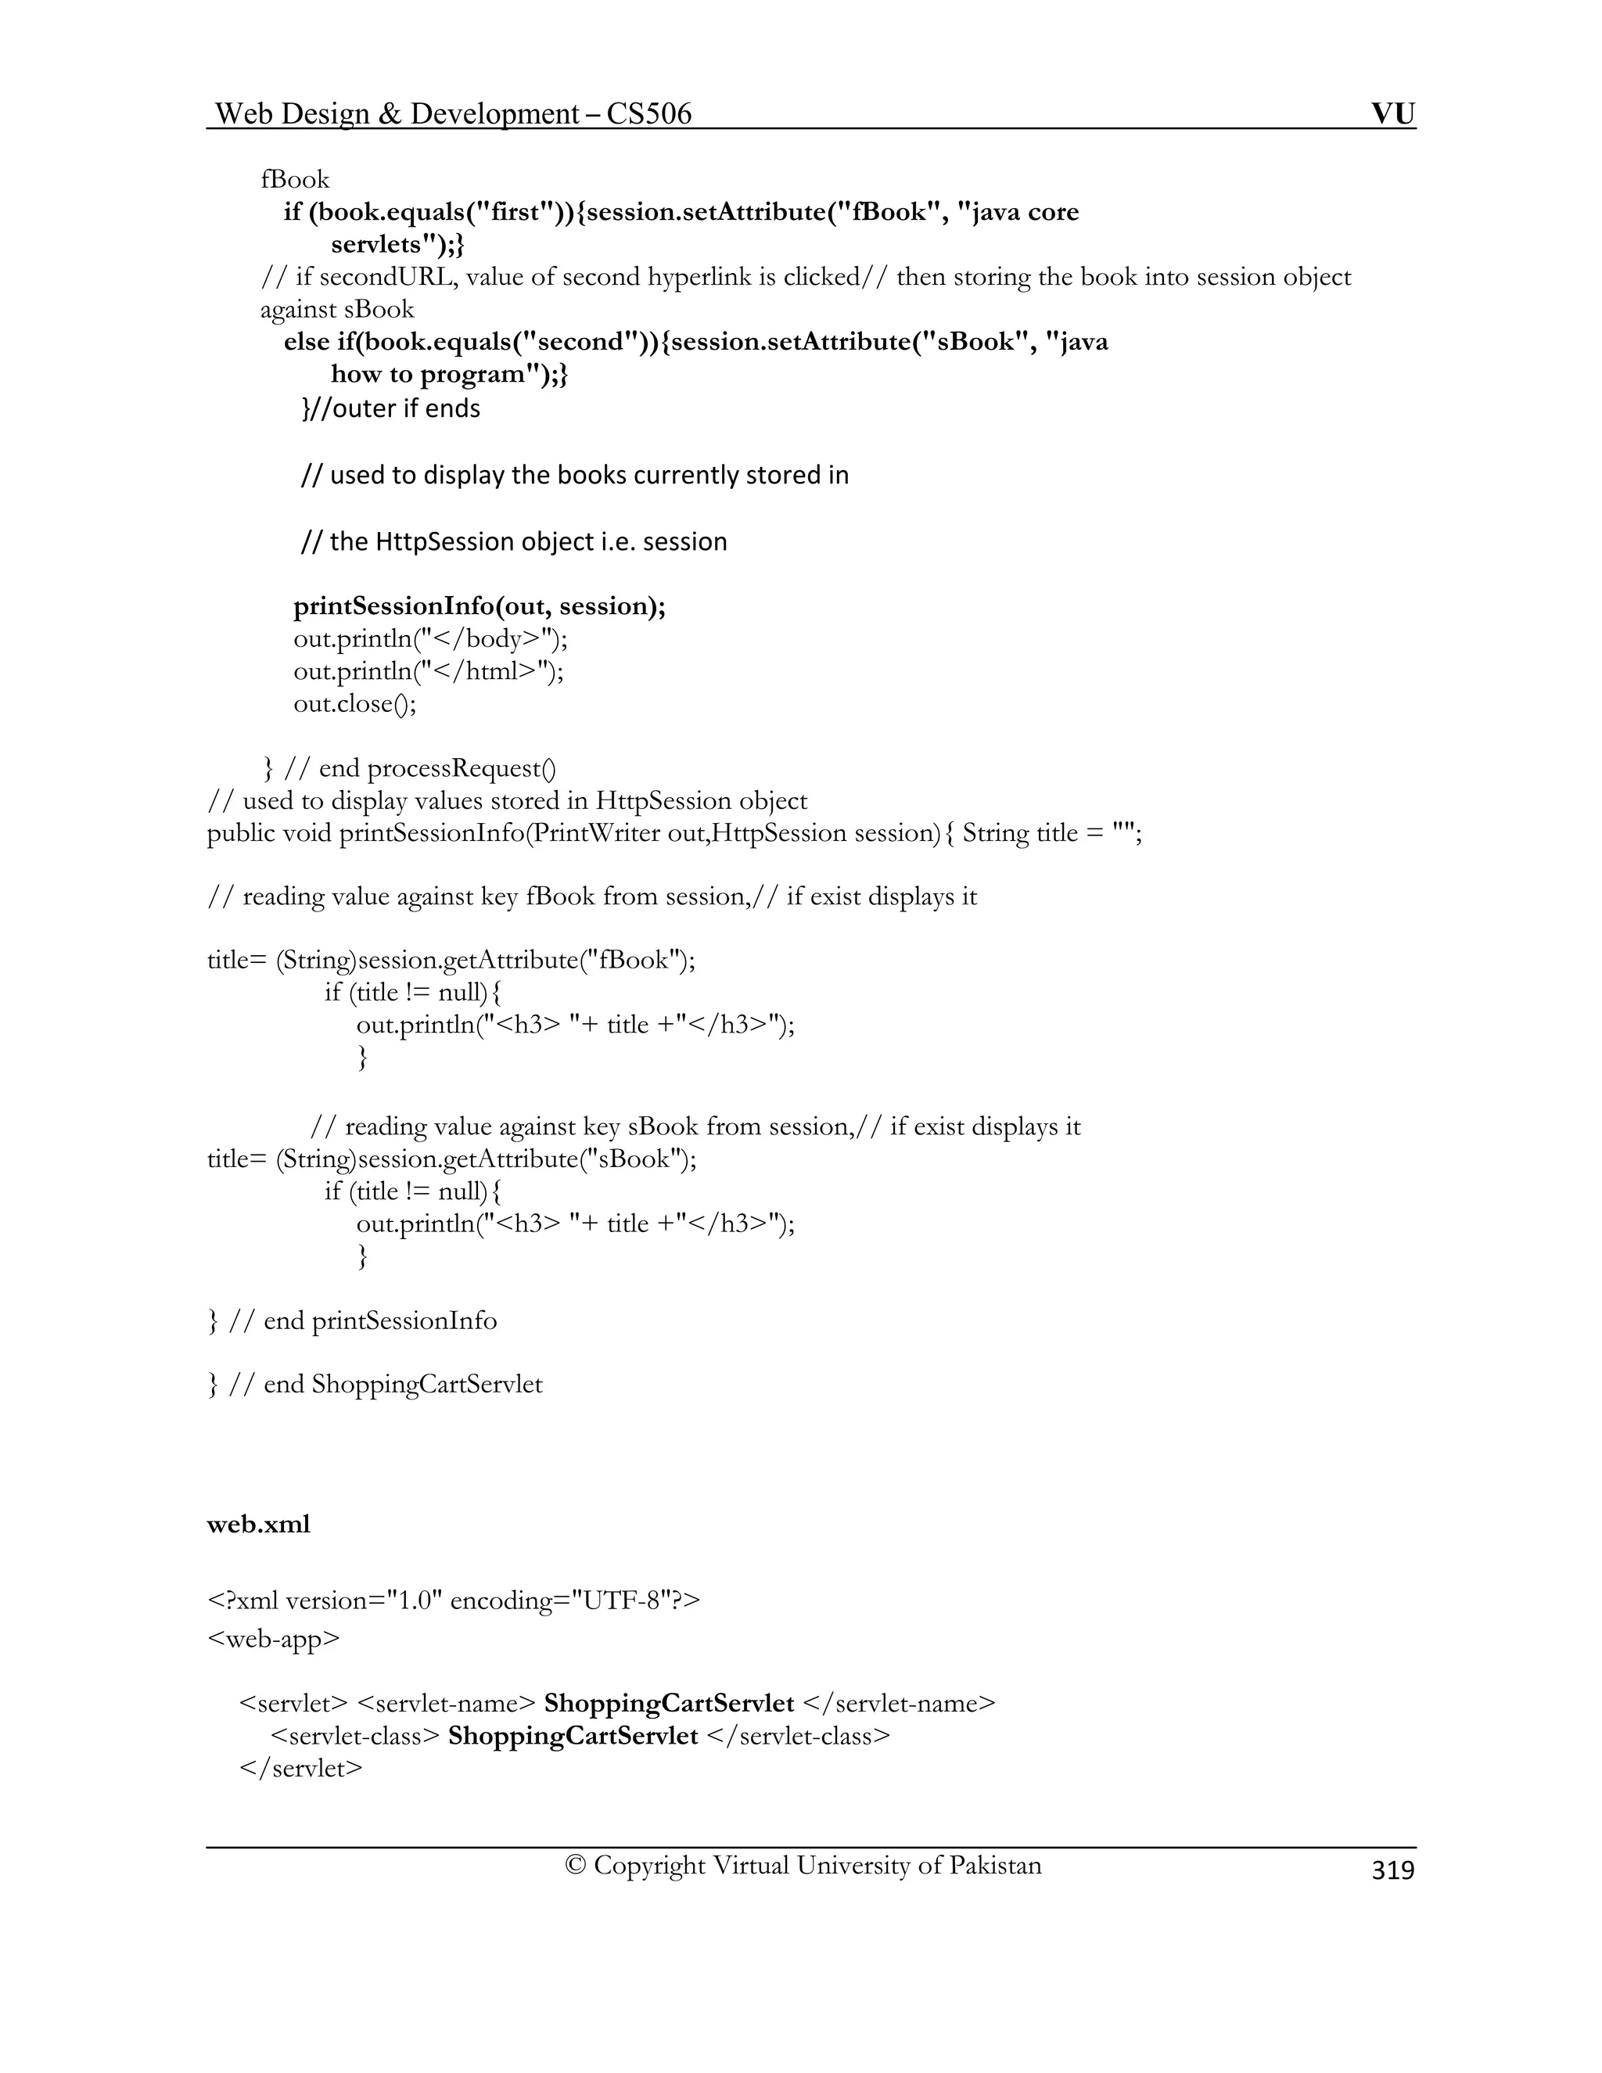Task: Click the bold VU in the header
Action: pos(1392,114)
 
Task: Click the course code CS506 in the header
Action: pos(649,114)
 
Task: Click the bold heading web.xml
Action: pos(258,1525)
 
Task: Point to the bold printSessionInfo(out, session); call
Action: pos(480,605)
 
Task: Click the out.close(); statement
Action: pos(355,703)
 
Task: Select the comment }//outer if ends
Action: pos(391,408)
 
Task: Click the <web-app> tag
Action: pos(273,1638)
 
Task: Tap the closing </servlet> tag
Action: pos(302,1767)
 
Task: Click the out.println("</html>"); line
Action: pos(429,671)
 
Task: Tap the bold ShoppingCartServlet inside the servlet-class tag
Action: pos(573,1735)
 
